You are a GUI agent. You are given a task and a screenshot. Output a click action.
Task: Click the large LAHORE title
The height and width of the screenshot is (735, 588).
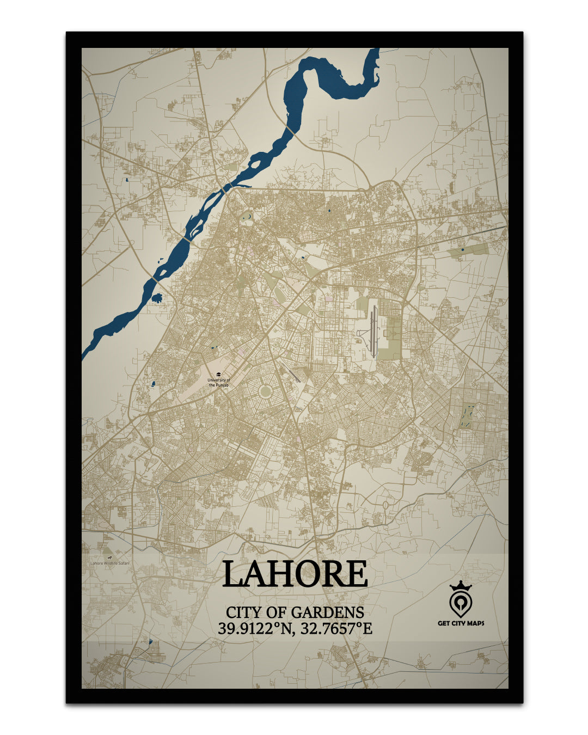pyautogui.click(x=295, y=573)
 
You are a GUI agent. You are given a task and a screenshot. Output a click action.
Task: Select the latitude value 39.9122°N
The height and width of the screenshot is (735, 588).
pyautogui.click(x=252, y=628)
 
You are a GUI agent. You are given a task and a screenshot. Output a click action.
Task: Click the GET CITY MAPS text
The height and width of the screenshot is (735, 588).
pyautogui.click(x=461, y=623)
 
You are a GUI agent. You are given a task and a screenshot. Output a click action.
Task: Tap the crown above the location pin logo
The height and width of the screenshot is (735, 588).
pyautogui.click(x=460, y=586)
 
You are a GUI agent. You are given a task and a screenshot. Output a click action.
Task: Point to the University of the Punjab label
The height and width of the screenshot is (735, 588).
pyautogui.click(x=219, y=383)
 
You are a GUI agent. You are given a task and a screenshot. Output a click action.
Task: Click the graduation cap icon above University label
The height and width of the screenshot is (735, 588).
pyautogui.click(x=219, y=375)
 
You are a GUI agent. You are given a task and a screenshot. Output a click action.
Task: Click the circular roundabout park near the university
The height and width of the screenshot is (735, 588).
pyautogui.click(x=266, y=391)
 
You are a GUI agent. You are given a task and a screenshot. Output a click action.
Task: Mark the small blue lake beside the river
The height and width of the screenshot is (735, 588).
pyautogui.click(x=158, y=298)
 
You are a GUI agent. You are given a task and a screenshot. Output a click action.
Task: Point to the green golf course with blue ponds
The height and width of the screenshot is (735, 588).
pyautogui.click(x=467, y=416)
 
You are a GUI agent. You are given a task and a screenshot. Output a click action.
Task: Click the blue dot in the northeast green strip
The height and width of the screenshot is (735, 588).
pyautogui.click(x=462, y=249)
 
